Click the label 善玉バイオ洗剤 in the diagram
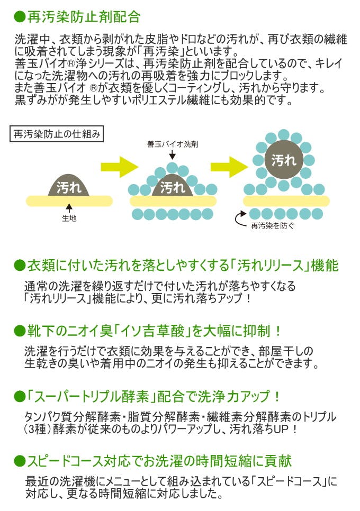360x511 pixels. pyautogui.click(x=172, y=144)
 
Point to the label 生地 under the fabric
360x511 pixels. pyautogui.click(x=69, y=218)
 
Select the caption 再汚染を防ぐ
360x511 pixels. pyautogui.click(x=273, y=225)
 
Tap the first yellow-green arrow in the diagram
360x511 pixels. pyautogui.click(x=119, y=166)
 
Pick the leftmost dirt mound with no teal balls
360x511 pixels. pyautogui.click(x=69, y=185)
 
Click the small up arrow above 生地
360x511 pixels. pyautogui.click(x=69, y=209)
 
